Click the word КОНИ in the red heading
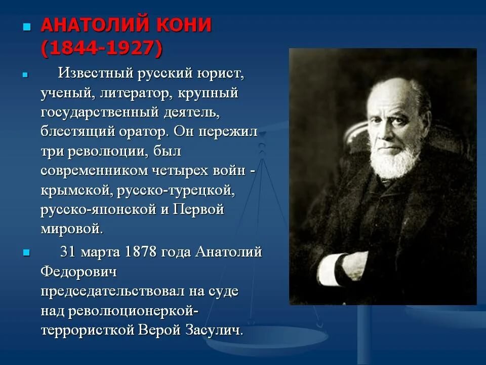click(x=184, y=25)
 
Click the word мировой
click(x=71, y=229)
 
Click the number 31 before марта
click(x=68, y=252)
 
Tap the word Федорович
click(x=79, y=272)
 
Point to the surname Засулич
click(x=214, y=330)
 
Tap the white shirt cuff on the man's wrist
click(x=330, y=269)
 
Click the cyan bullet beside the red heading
click(x=27, y=27)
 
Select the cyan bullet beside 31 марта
click(x=27, y=252)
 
